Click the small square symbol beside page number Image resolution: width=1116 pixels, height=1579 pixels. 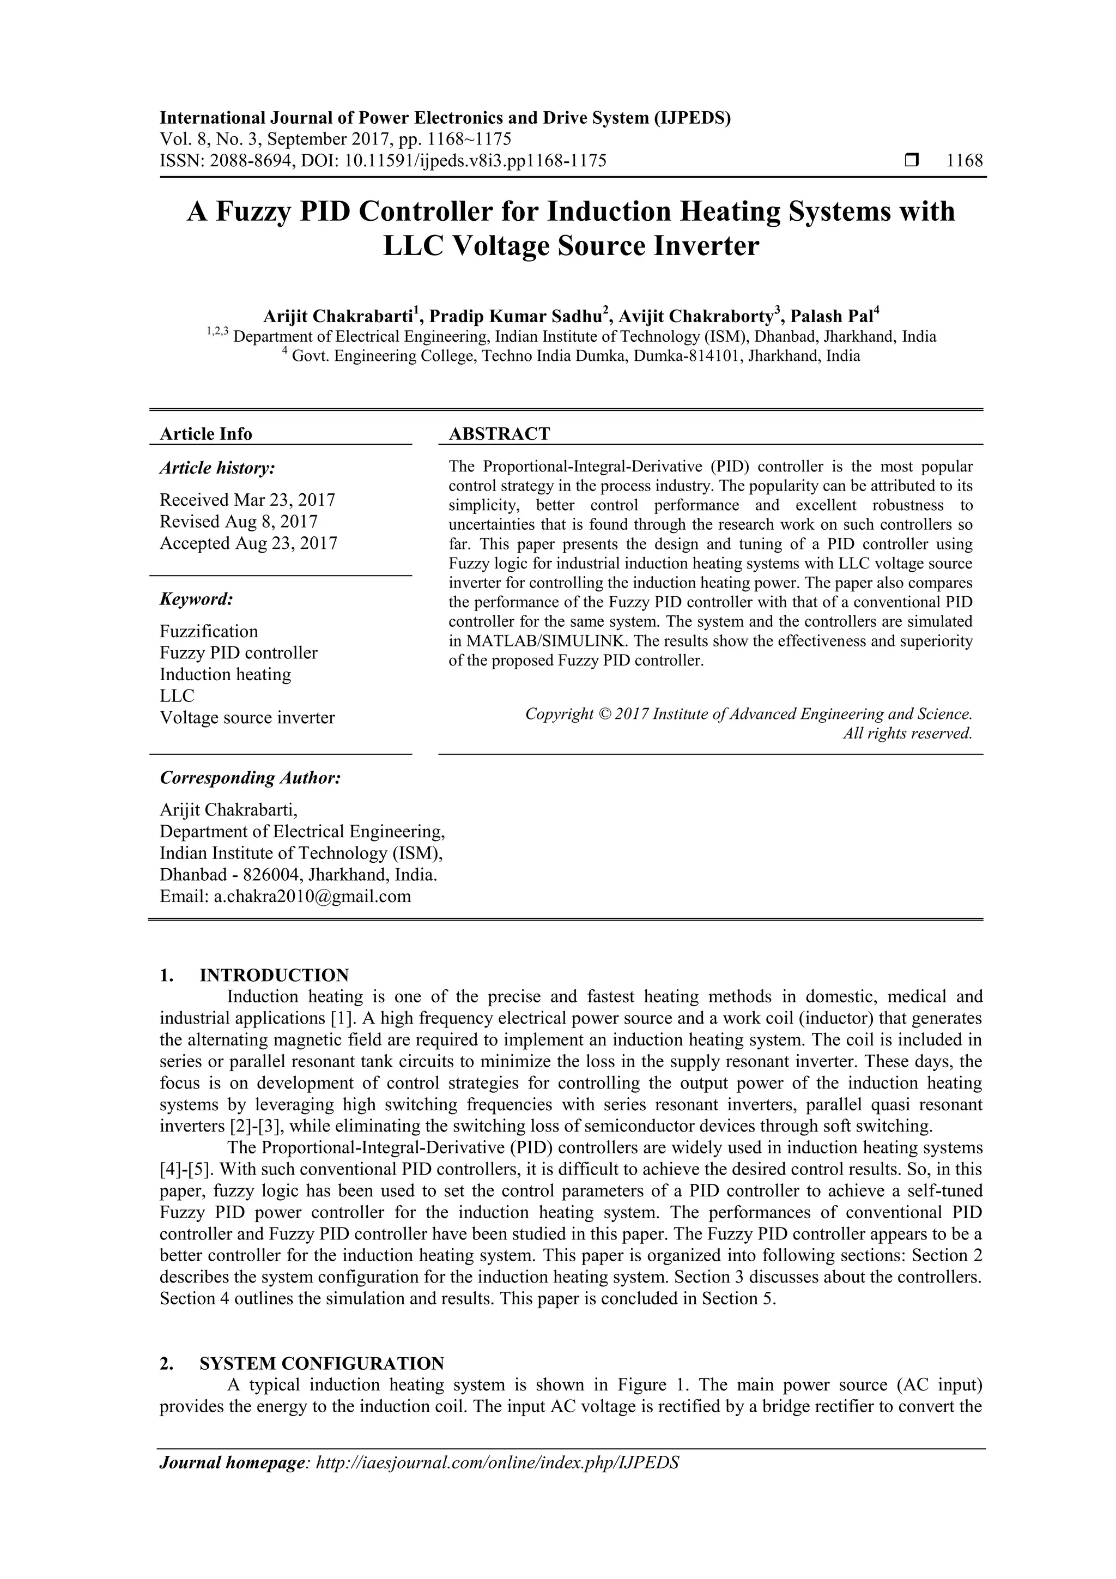(x=912, y=161)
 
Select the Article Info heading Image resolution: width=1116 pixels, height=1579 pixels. (x=205, y=434)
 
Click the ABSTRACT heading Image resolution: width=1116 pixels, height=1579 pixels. (x=499, y=434)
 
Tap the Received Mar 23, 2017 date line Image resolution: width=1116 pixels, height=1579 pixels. (x=247, y=500)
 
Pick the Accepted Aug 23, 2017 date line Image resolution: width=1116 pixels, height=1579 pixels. (x=248, y=543)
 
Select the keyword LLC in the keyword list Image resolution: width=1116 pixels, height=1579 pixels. (x=177, y=696)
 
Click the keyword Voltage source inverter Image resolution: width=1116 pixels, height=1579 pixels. (x=247, y=718)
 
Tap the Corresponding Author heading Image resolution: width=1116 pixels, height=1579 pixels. (x=250, y=778)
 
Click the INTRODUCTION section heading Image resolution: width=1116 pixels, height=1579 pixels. (x=274, y=975)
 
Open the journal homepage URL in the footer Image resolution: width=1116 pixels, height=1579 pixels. (x=496, y=1483)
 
